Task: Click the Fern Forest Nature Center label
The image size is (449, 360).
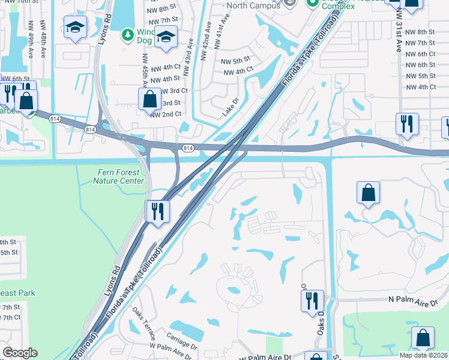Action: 121,176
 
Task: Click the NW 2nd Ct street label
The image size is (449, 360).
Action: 165,115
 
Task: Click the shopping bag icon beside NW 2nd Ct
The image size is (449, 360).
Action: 149,99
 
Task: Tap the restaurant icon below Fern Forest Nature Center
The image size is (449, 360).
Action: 157,211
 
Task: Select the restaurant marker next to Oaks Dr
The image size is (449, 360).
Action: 312,300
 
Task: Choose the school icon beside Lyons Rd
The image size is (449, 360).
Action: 76,27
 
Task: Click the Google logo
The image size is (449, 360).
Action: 20,353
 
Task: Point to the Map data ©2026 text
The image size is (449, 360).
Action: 420,355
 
